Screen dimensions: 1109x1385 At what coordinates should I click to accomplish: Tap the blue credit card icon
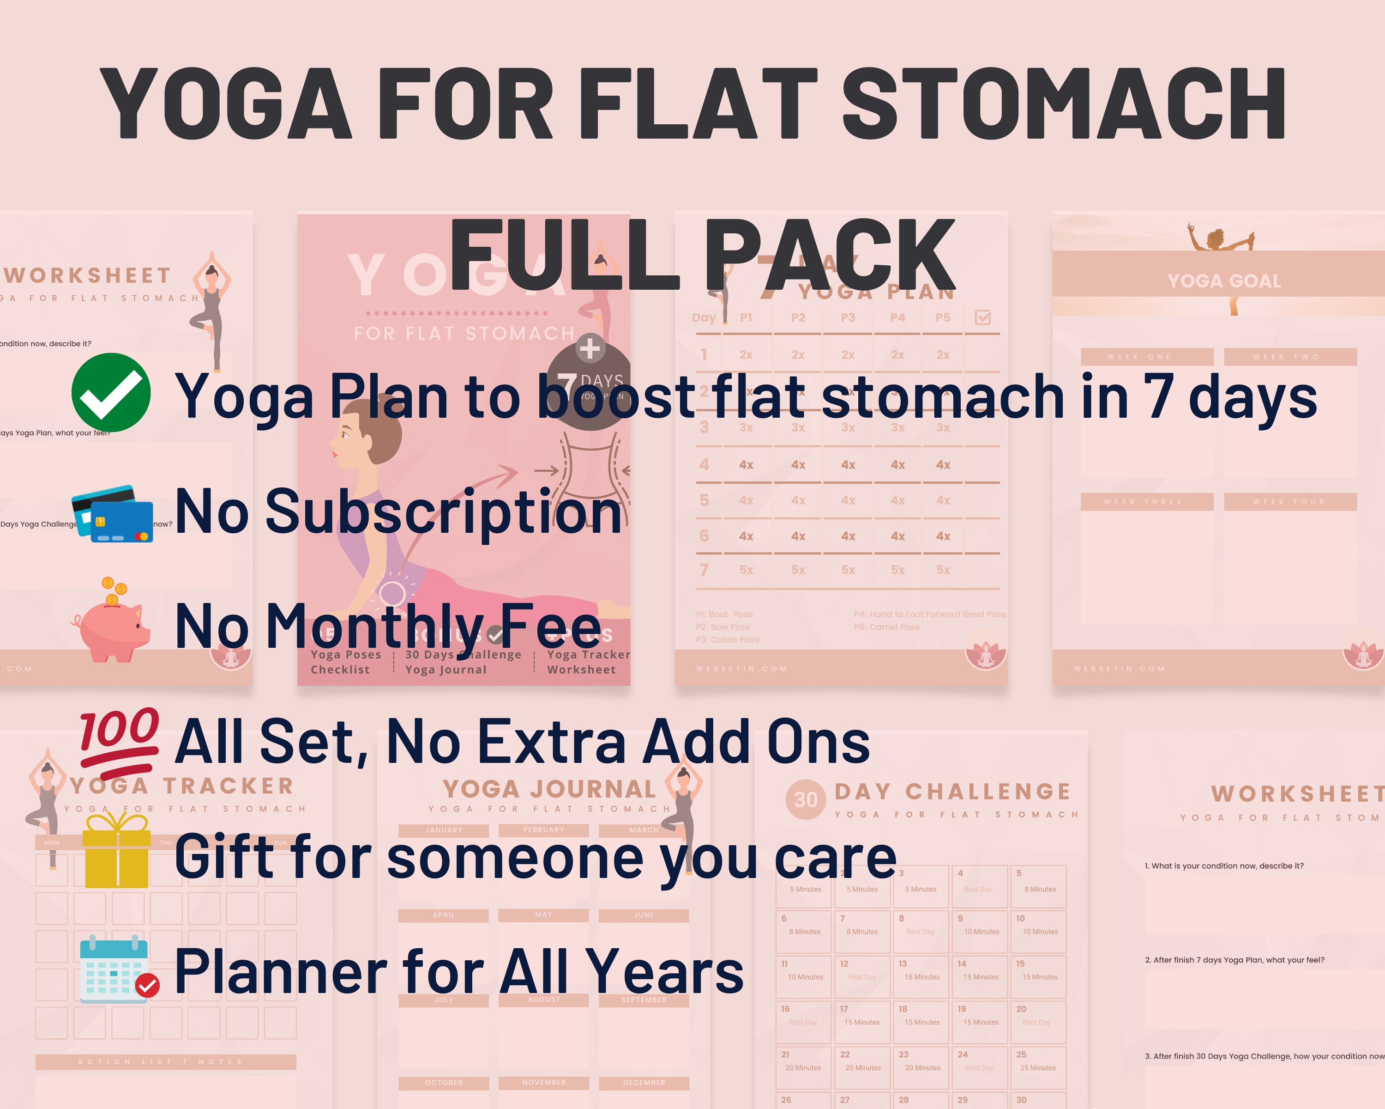[113, 514]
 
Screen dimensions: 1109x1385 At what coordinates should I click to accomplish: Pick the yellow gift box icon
[117, 851]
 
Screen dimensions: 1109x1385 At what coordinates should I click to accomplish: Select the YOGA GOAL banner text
[1224, 281]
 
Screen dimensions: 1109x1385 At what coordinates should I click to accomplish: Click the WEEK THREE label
[1147, 501]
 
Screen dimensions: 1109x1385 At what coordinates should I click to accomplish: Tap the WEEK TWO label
[1290, 357]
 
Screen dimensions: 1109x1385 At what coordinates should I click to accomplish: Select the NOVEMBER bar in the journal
[543, 1083]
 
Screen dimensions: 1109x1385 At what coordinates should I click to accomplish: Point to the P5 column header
[942, 317]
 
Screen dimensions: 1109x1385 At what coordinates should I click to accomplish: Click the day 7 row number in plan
[704, 570]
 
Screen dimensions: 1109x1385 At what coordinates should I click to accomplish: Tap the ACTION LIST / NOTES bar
[165, 1061]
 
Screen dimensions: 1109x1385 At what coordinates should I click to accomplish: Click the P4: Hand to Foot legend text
[929, 614]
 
